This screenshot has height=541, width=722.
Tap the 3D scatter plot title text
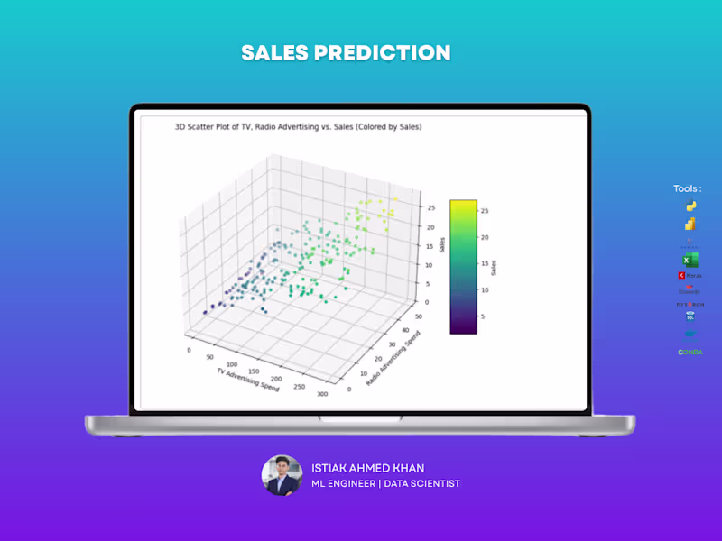(x=298, y=127)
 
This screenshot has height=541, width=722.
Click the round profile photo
(x=282, y=475)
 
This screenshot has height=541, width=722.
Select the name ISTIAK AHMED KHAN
(x=367, y=468)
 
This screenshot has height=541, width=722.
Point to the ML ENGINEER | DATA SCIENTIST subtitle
(x=385, y=484)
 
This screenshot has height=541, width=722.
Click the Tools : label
(x=688, y=188)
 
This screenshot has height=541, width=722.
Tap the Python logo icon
(x=690, y=206)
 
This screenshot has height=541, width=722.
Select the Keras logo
(x=690, y=275)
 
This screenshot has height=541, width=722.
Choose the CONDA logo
(x=690, y=352)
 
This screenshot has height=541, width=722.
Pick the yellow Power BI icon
(x=690, y=224)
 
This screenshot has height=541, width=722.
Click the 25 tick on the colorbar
(x=485, y=211)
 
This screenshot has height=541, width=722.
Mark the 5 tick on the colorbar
(x=485, y=316)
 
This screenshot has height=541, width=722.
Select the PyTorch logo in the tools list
(x=690, y=304)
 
